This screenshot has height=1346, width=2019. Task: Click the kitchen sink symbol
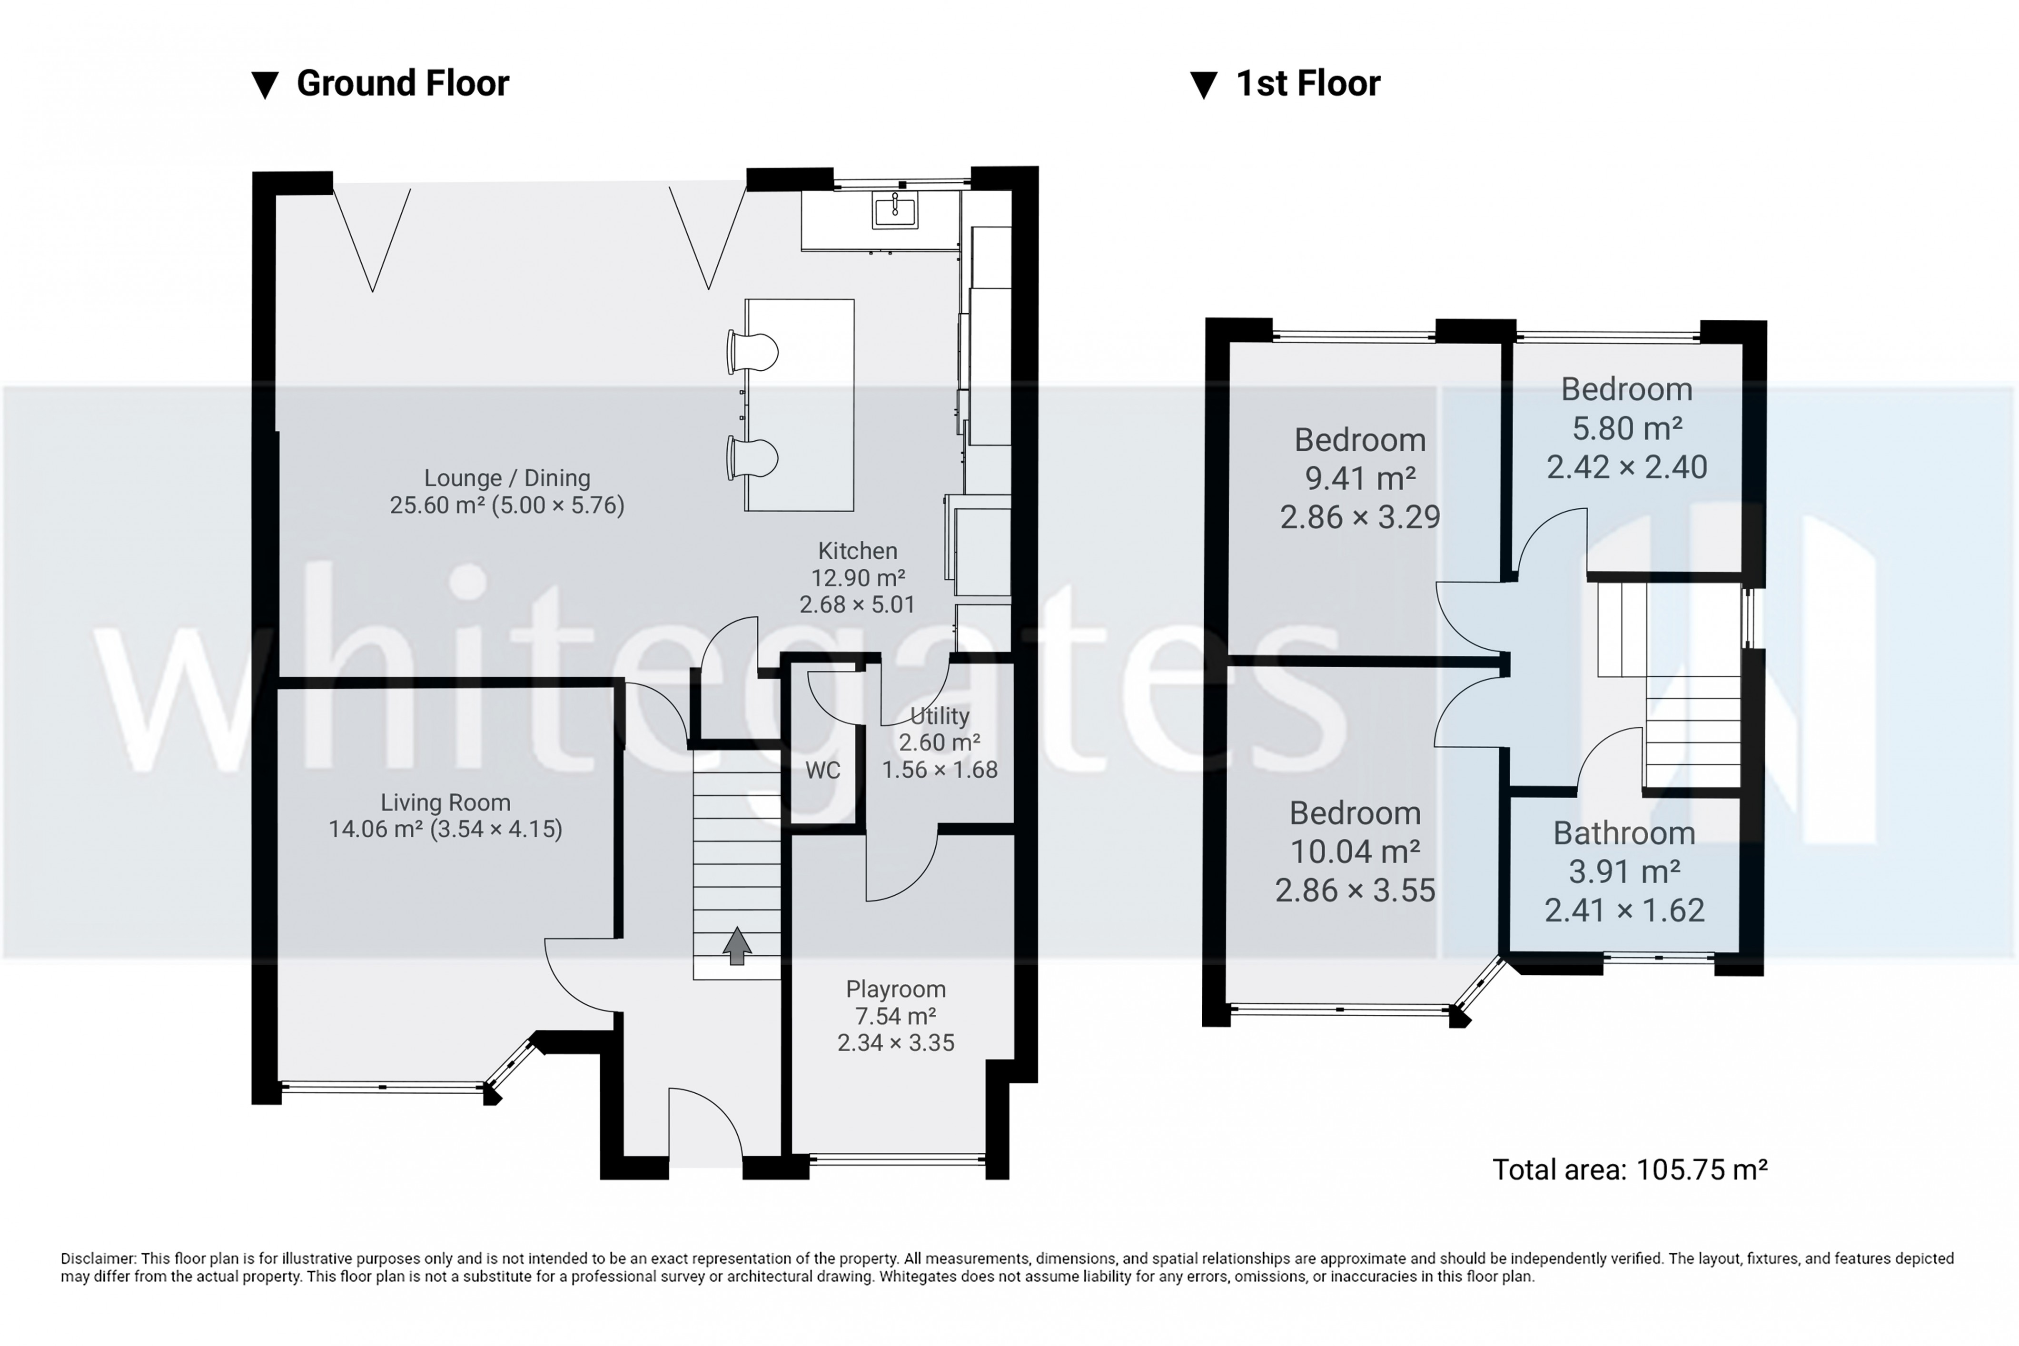coord(894,209)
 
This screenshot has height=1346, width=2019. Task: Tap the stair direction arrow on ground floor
coord(736,946)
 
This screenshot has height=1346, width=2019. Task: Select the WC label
coord(822,770)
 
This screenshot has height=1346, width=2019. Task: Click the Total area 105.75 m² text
coord(1629,1169)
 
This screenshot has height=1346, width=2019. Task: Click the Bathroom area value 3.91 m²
coord(1624,871)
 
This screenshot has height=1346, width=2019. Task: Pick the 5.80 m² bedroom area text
coord(1627,427)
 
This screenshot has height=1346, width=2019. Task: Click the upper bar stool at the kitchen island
coord(754,352)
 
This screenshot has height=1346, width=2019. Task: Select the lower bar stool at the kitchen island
coord(754,457)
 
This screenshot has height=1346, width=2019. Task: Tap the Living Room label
coord(445,802)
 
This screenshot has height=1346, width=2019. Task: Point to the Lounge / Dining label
coord(507,478)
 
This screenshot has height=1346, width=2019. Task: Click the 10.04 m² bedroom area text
coord(1355,851)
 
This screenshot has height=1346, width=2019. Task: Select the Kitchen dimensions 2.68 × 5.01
coord(857,604)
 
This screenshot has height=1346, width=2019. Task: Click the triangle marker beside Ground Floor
coord(265,85)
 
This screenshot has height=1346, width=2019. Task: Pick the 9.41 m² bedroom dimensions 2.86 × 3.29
coord(1360,517)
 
